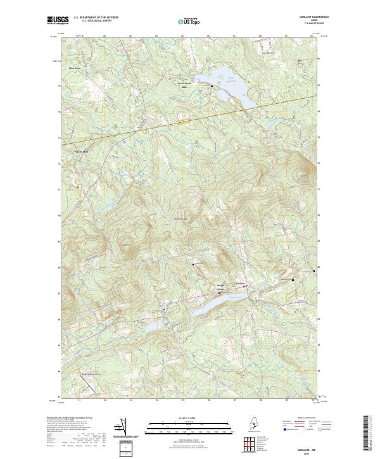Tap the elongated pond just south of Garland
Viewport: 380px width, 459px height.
(209, 306)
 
